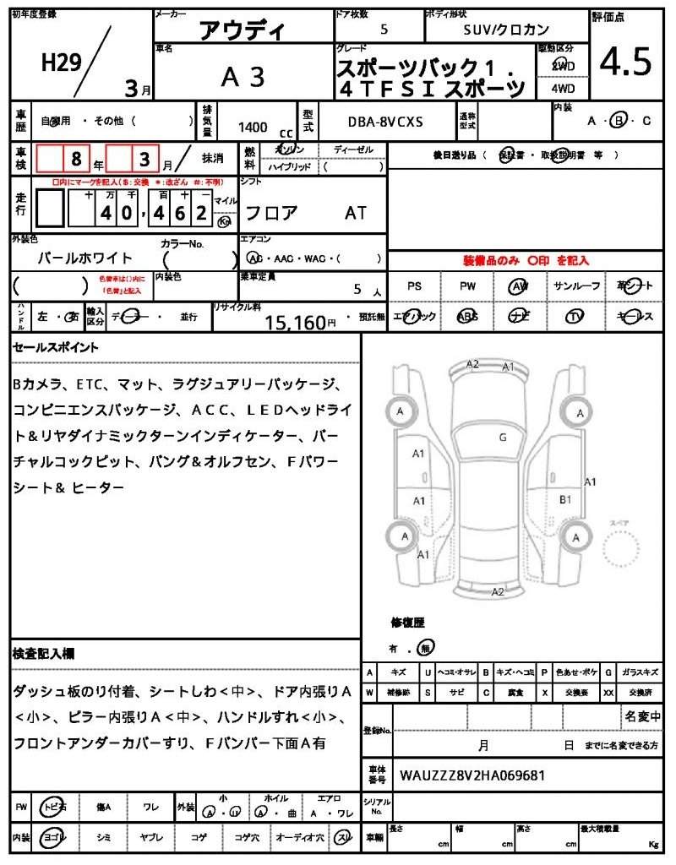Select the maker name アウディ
pos(243,31)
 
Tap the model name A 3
pos(243,77)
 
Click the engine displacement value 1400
pos(253,127)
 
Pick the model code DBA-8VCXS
pos(385,122)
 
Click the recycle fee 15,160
pos(295,322)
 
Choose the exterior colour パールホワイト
pos(85,258)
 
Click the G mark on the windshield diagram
pos(502,437)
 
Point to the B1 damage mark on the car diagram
pos(565,499)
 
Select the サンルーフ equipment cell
pos(576,286)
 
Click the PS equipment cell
pos(414,286)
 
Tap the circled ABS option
pos(467,316)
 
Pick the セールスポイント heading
pos(56,347)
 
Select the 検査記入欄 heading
pos(44,654)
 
